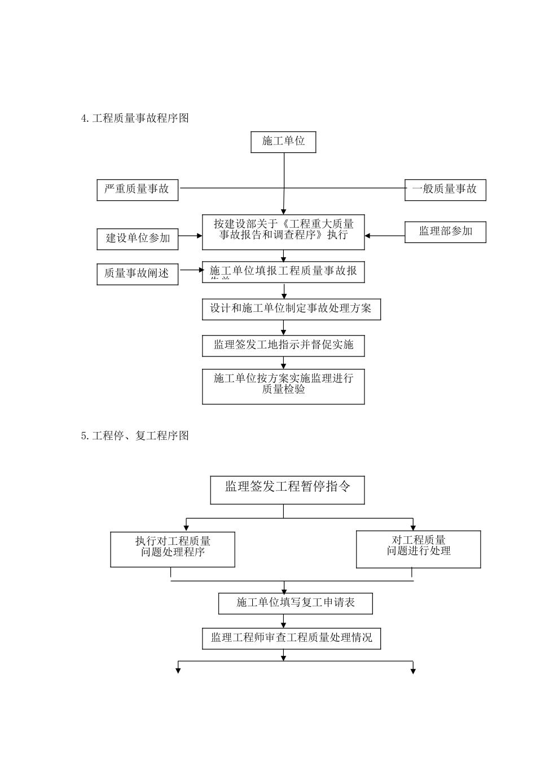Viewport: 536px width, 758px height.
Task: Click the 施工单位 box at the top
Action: pos(283,142)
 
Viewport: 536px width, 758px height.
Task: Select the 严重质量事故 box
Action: pos(137,189)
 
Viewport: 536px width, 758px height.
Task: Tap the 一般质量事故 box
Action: pos(445,189)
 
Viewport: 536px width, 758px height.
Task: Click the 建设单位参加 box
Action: pos(138,238)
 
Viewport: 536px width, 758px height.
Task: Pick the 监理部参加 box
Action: pos(445,232)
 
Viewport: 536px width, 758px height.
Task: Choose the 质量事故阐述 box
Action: pos(137,274)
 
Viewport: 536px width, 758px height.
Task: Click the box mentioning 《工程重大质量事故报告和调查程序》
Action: pos(283,231)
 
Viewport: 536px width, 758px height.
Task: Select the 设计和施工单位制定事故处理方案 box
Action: pos(291,309)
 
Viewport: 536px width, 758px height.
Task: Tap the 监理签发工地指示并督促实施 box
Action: pos(283,345)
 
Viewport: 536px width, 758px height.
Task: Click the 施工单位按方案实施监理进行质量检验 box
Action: pos(283,386)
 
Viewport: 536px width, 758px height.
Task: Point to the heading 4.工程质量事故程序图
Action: pos(135,118)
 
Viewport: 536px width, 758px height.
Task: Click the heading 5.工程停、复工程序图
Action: pos(135,436)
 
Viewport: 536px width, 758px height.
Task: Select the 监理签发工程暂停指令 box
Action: pos(287,490)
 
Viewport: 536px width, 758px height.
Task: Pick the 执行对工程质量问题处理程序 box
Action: pos(173,549)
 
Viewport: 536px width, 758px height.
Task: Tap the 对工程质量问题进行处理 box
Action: pos(419,549)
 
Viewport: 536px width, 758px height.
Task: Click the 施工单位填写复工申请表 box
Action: pos(296,603)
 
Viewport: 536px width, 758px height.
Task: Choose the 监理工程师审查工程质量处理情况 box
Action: pos(291,638)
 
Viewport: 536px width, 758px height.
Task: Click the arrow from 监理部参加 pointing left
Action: pos(385,236)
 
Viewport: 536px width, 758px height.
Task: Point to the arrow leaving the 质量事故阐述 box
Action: pos(191,270)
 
